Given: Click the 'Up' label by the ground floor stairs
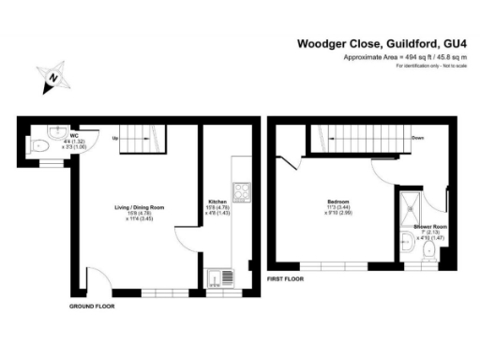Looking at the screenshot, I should pos(115,138).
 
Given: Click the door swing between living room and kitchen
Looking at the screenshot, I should pos(187,243).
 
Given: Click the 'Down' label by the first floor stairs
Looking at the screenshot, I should pos(416,138).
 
